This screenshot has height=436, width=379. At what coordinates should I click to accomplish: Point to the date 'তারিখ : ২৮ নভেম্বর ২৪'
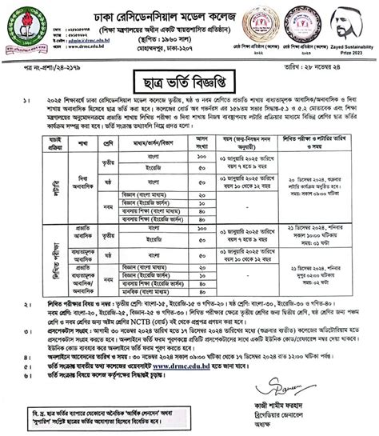335,60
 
